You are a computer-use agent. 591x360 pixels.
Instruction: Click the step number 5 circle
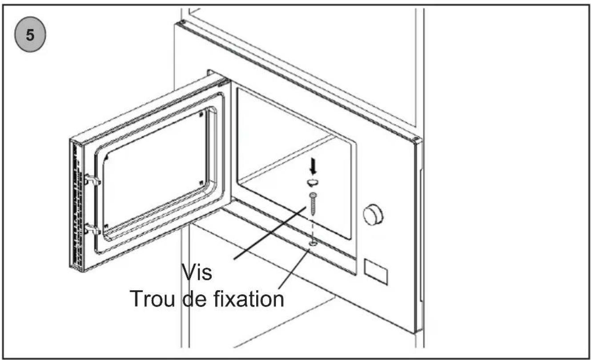coord(30,34)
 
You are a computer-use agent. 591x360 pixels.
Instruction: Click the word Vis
coord(197,272)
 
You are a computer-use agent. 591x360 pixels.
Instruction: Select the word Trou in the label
coord(152,299)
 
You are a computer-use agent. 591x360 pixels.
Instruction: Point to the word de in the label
coord(194,299)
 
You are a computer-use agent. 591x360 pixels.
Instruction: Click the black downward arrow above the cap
coord(313,166)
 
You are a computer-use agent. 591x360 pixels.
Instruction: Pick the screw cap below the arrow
coord(313,182)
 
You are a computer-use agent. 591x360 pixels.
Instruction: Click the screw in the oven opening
coord(314,204)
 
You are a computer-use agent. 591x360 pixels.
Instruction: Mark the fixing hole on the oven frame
coord(313,243)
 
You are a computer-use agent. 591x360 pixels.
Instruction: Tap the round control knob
coord(373,214)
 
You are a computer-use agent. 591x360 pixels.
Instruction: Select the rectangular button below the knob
coord(376,272)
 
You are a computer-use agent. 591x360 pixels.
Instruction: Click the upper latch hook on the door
coord(92,180)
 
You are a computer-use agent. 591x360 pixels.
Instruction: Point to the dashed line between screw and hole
coord(313,228)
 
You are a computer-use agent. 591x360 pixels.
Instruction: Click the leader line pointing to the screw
coord(270,233)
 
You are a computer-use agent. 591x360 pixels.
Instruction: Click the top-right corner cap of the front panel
coord(417,141)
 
